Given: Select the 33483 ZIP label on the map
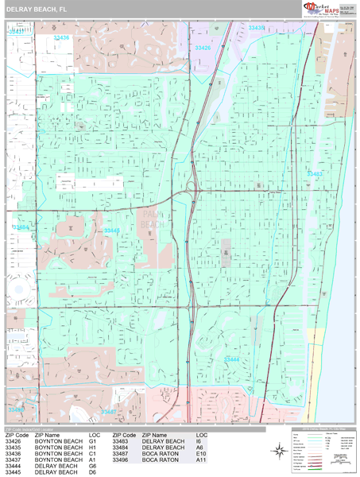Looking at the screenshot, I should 315,173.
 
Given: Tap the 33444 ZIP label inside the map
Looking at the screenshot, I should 231,359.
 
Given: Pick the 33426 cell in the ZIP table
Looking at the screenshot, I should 13,441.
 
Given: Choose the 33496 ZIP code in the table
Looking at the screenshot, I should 121,460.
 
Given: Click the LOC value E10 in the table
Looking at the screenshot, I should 202,453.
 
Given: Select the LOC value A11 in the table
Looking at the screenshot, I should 202,460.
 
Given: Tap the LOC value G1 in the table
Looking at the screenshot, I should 93,441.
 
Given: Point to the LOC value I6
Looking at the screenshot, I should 200,441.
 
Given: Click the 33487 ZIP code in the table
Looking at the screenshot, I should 121,453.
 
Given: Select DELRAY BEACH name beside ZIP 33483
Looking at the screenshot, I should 163,441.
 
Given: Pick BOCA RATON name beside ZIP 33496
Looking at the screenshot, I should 161,460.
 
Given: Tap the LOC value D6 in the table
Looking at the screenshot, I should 93,472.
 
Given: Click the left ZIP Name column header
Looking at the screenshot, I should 48,435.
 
